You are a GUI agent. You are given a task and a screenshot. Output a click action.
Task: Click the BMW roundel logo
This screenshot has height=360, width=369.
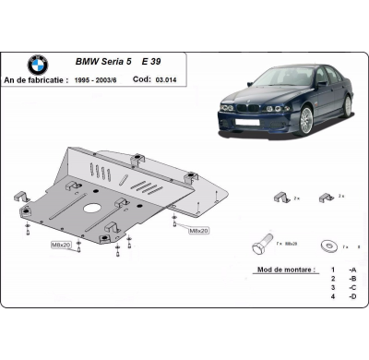[37, 66]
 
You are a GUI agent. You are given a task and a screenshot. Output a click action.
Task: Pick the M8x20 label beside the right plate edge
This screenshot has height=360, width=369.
[198, 230]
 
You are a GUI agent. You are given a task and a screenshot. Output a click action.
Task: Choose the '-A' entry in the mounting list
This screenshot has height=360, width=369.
[351, 278]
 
